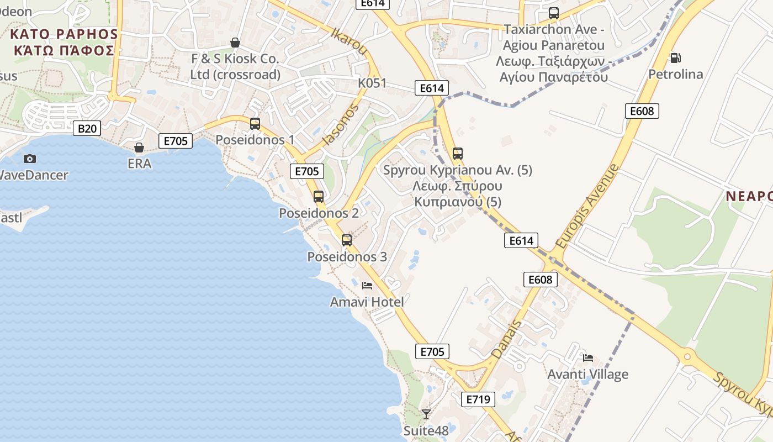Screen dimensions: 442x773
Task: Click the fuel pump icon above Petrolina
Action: (675, 57)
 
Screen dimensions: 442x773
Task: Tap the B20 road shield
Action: (87, 129)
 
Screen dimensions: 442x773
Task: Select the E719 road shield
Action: (478, 399)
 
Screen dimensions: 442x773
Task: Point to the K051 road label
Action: (372, 83)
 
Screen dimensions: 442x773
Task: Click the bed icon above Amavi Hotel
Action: (367, 286)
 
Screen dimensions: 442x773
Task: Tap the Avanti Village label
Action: (587, 374)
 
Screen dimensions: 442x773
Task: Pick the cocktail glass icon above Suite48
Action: (426, 414)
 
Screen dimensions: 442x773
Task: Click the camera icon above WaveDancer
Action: (30, 159)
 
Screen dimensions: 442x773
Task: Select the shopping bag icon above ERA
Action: (139, 148)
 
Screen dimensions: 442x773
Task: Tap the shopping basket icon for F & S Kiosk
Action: (235, 43)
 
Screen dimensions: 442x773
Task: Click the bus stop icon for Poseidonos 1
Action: (255, 124)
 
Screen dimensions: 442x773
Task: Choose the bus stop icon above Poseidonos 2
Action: (319, 196)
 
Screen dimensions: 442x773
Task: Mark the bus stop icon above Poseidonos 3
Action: (347, 240)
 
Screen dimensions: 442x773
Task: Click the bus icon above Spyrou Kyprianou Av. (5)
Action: (458, 154)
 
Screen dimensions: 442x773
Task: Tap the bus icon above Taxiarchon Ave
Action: (554, 13)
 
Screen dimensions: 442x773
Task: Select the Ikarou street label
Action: (349, 42)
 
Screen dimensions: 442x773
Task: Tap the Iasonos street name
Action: (340, 124)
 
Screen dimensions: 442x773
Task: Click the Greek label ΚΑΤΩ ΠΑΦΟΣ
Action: (64, 51)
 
